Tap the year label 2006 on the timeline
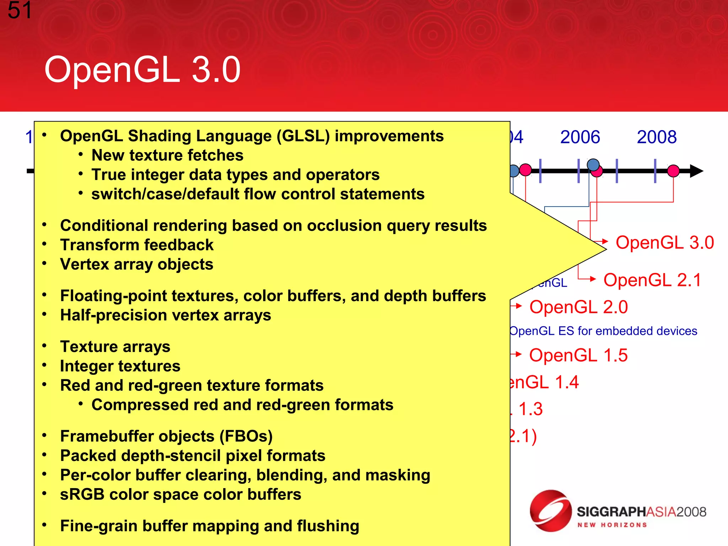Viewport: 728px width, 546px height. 580,137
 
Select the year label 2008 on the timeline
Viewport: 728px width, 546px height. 657,137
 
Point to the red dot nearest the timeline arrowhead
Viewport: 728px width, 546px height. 673,171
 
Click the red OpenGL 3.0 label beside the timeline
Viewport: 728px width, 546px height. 664,243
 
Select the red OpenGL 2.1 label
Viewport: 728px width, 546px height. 652,280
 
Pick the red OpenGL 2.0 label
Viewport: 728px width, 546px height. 578,307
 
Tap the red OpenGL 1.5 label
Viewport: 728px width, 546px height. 578,355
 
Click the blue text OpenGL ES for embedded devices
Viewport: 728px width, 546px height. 603,331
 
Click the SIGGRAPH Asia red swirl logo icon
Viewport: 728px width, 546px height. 550,511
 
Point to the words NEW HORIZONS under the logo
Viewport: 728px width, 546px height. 612,525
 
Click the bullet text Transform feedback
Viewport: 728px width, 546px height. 137,245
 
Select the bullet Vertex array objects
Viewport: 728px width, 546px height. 137,264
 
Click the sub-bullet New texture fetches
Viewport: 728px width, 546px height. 167,155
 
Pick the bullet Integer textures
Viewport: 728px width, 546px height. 120,366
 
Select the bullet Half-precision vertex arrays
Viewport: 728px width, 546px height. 165,315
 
